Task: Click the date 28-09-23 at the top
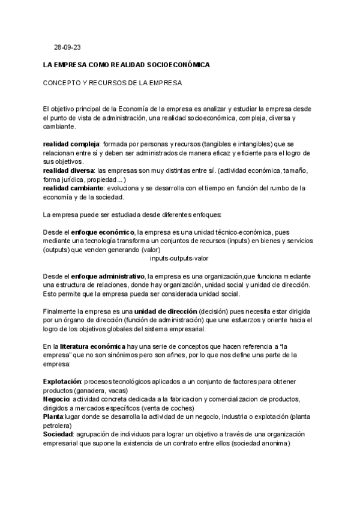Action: (65, 47)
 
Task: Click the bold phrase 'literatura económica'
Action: (92, 346)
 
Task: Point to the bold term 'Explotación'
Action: (62, 382)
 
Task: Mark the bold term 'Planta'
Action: (53, 416)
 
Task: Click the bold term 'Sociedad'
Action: (58, 433)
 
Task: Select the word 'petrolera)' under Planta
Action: (59, 425)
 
